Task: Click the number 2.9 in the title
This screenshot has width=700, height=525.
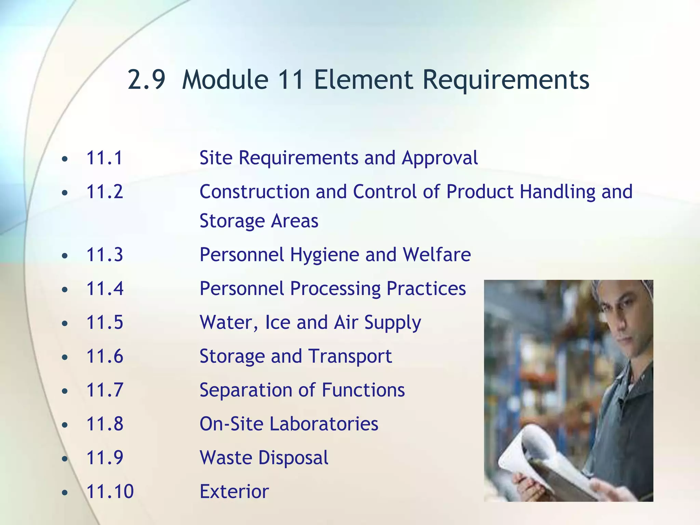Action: point(146,80)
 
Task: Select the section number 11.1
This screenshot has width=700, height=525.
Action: point(104,158)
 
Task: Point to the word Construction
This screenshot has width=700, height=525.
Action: point(255,191)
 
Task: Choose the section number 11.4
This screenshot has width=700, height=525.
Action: point(105,288)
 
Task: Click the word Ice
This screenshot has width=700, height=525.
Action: point(277,322)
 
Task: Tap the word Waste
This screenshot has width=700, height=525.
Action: point(226,458)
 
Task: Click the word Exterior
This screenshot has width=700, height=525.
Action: point(234,492)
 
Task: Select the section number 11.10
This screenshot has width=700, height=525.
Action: point(110,492)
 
